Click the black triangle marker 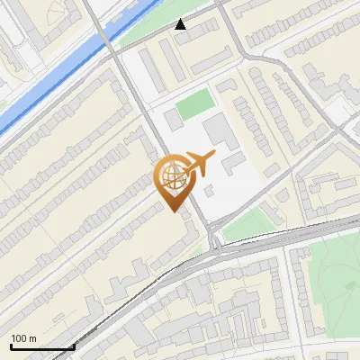181,24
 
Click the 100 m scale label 24,338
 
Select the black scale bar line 42,347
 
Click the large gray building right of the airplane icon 219,132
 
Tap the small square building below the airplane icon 209,191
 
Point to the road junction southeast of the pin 214,240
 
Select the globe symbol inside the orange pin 171,176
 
